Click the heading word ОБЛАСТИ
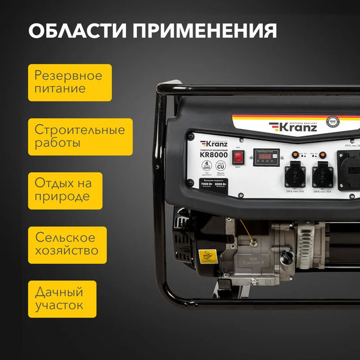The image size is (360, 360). click(x=76, y=31)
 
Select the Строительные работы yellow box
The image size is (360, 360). click(x=72, y=137)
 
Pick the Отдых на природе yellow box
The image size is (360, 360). click(x=63, y=190)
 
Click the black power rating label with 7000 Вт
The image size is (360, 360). click(x=214, y=185)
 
